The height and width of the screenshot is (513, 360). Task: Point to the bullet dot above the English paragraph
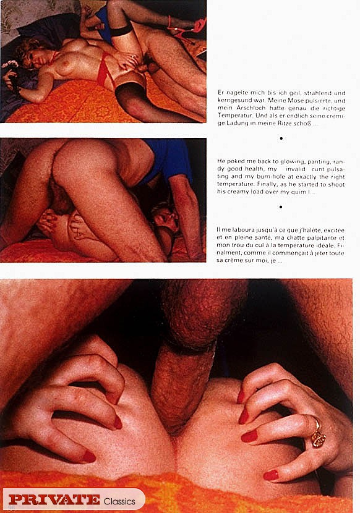(x=281, y=148)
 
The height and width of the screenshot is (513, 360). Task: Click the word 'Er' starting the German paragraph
(x=221, y=92)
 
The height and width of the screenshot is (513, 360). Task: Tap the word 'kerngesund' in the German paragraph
(x=233, y=100)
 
